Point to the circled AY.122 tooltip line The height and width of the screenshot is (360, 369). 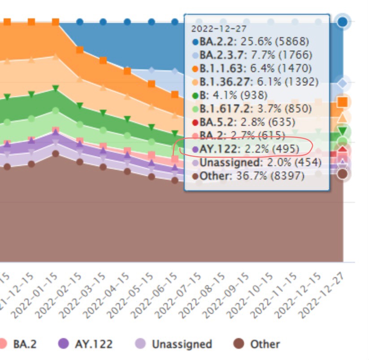click(x=245, y=149)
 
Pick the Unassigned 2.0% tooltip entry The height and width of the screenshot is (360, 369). click(x=247, y=163)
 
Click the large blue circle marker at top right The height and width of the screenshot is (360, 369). click(x=343, y=21)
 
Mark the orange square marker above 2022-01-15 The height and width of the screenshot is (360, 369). click(x=56, y=21)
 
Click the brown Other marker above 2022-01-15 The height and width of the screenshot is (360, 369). click(x=56, y=154)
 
